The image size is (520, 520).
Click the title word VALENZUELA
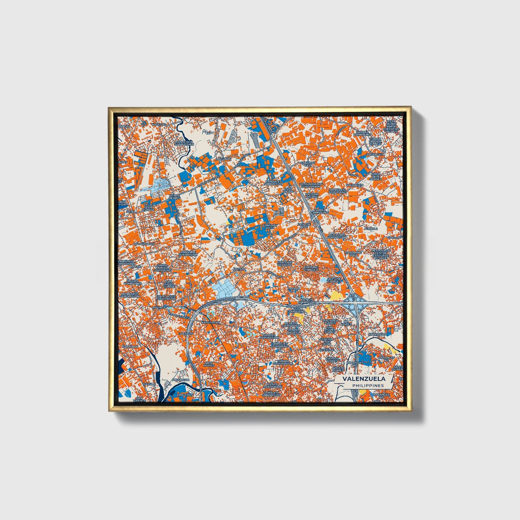tap(364, 379)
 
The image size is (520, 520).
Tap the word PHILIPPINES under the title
tap(368, 385)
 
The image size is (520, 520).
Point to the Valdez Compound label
tap(320, 211)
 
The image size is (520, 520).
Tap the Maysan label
tap(239, 269)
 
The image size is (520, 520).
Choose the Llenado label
tap(186, 334)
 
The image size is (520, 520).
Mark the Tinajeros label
tap(185, 394)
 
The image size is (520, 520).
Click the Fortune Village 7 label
tap(334, 280)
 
